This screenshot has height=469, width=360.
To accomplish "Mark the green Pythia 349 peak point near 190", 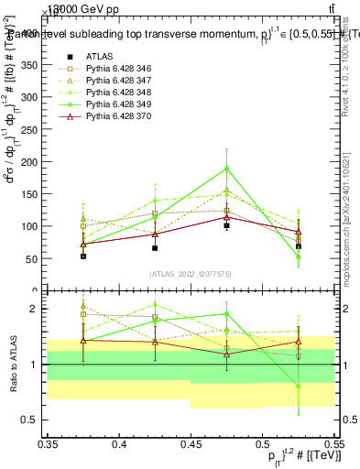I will pyautogui.click(x=226, y=169).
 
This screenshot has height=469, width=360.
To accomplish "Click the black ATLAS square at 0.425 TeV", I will pyautogui.click(x=155, y=247).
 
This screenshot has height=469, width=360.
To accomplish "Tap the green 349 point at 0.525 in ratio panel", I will pyautogui.click(x=298, y=387).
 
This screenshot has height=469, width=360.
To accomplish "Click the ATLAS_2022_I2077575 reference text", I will pyautogui.click(x=190, y=274).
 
